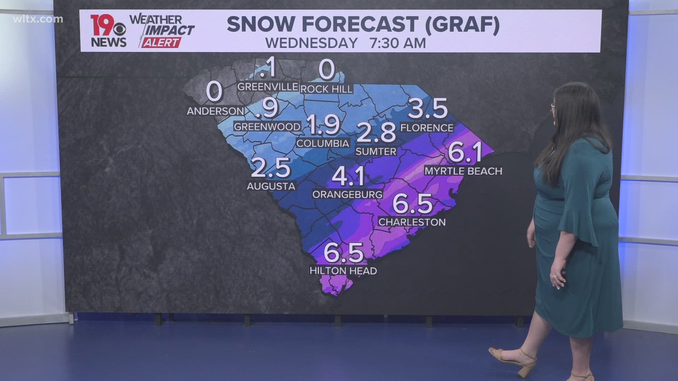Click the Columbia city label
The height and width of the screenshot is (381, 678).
coord(323,143)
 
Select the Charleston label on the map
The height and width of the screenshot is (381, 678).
coord(412,222)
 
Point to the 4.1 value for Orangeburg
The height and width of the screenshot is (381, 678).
coord(348,176)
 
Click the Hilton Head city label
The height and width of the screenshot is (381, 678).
coord(343,271)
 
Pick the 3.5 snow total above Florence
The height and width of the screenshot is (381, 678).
coord(428,109)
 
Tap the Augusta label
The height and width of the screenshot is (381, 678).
coord(271,186)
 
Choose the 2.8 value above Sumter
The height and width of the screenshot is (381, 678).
coord(376,132)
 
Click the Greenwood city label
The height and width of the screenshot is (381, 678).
coord(267,127)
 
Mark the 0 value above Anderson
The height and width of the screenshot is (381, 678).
coord(214,91)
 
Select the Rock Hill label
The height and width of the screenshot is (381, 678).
coord(326,89)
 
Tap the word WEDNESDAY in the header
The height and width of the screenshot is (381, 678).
coord(311,43)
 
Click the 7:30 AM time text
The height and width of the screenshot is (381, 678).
coord(398,43)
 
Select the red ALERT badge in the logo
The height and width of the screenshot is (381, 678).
coord(161,43)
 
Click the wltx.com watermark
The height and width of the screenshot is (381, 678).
coord(38,19)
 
